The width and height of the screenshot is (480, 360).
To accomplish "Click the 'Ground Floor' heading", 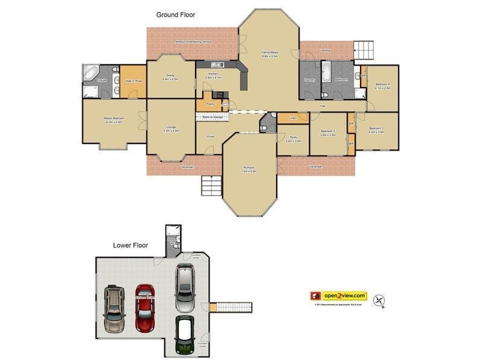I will [176, 14].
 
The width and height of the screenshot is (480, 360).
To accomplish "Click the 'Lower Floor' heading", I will [130, 245].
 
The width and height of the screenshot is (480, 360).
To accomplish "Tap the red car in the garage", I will [145, 307].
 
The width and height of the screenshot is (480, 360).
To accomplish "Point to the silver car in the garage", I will [185, 283].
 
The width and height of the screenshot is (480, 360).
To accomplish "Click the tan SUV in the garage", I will [113, 309].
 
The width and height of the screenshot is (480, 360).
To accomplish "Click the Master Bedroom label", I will [113, 120].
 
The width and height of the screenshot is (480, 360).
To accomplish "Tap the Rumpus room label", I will [250, 169].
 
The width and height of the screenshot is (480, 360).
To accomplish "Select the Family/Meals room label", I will [269, 54].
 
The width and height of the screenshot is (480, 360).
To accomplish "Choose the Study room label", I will [293, 139].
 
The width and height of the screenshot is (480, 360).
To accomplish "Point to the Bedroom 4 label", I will [383, 85].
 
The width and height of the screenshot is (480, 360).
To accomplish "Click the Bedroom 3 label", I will [377, 130].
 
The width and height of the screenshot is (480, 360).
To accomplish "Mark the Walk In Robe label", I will [133, 80].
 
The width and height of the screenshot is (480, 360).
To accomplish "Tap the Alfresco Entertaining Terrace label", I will [193, 42].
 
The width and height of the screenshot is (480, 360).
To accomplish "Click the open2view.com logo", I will [339, 296].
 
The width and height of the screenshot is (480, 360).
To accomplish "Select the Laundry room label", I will [310, 80].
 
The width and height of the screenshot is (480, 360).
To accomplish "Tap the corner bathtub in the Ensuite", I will [91, 73].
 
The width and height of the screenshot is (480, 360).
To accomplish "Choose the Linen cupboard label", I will [293, 118].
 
